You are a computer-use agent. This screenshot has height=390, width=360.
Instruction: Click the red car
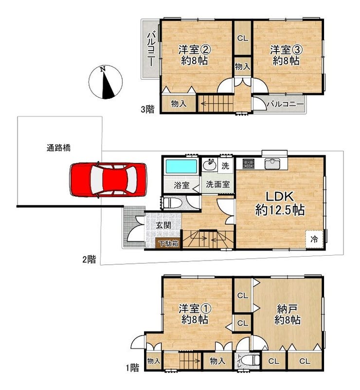108,180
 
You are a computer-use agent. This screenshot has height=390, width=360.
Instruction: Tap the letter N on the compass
103,70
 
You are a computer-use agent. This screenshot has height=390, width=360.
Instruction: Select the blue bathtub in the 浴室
181,167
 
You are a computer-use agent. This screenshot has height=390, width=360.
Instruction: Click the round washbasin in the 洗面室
209,165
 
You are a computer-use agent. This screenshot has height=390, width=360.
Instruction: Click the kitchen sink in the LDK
272,164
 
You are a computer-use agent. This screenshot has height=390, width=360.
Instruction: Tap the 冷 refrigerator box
314,239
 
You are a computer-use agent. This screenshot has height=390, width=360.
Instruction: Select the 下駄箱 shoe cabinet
168,243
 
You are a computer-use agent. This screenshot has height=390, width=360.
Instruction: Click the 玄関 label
163,225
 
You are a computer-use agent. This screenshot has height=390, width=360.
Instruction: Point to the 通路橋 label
58,148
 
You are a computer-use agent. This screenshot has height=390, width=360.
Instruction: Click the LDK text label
280,197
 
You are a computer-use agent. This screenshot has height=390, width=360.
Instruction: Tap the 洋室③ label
286,50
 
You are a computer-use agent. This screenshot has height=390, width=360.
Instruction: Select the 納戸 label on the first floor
287,309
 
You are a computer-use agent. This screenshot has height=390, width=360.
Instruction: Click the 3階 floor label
147,109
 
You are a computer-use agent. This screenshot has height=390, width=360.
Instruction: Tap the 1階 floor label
132,368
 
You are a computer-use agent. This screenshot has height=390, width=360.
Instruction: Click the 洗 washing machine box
225,166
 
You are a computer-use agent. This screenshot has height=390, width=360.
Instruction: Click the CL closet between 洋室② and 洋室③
242,38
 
